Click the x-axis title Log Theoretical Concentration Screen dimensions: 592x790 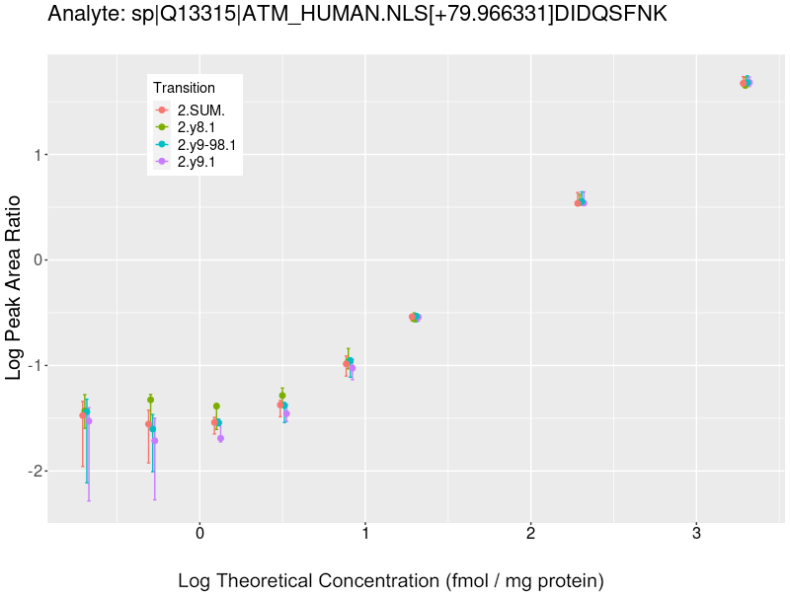point(390,580)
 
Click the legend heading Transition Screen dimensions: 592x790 point(184,88)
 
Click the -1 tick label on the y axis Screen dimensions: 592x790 point(32,366)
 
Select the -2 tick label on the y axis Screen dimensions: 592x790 point(32,472)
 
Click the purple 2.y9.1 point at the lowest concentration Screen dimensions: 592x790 point(89,421)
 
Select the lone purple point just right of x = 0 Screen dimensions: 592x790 point(220,438)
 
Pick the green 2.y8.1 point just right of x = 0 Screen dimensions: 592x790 point(216,407)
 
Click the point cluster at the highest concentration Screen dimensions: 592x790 point(747,83)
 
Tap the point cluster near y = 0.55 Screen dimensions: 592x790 point(581,202)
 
